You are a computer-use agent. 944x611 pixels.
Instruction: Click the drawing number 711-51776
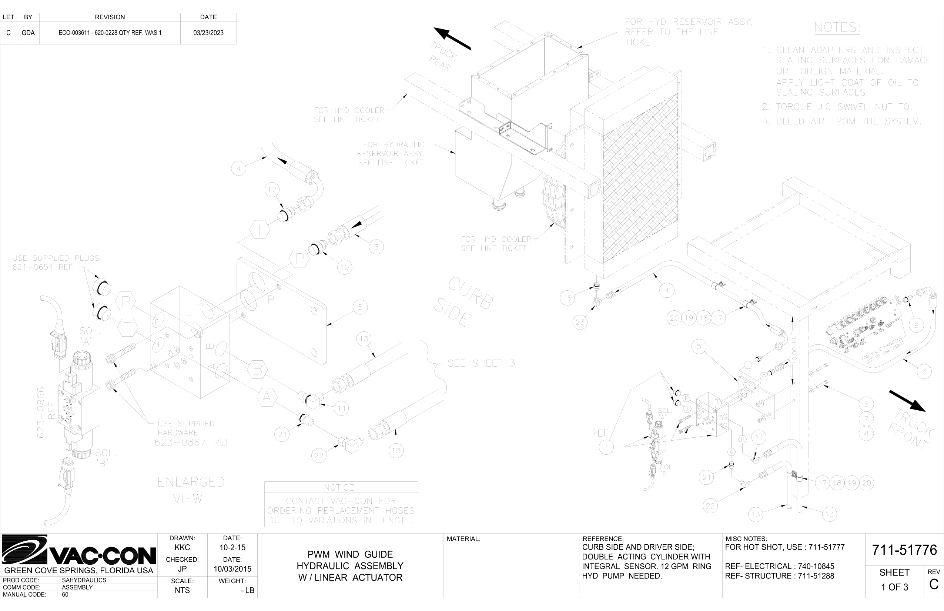(904, 550)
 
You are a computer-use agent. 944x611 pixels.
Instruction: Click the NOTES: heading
(837, 28)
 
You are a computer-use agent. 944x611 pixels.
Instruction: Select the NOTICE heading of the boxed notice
(339, 488)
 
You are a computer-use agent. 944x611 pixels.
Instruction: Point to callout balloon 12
(272, 190)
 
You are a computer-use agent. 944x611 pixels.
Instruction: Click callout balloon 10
(344, 267)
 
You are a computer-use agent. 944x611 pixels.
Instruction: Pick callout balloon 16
(567, 298)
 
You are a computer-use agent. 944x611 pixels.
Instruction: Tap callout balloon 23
(580, 322)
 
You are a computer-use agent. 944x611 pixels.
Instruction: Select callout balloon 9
(916, 325)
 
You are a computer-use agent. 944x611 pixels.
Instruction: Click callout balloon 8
(866, 433)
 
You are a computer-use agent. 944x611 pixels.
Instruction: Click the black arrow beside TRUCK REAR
(452, 39)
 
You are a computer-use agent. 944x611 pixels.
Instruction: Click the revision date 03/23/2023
(208, 33)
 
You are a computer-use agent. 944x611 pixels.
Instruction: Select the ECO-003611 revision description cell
(110, 33)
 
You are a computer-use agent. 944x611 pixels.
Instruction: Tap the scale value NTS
(182, 590)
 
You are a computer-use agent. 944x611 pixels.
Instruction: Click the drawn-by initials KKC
(182, 548)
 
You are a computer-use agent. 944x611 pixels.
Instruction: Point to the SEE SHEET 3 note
(481, 363)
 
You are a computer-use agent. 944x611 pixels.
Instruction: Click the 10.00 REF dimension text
(794, 348)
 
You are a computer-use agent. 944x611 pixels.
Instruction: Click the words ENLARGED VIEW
(190, 490)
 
